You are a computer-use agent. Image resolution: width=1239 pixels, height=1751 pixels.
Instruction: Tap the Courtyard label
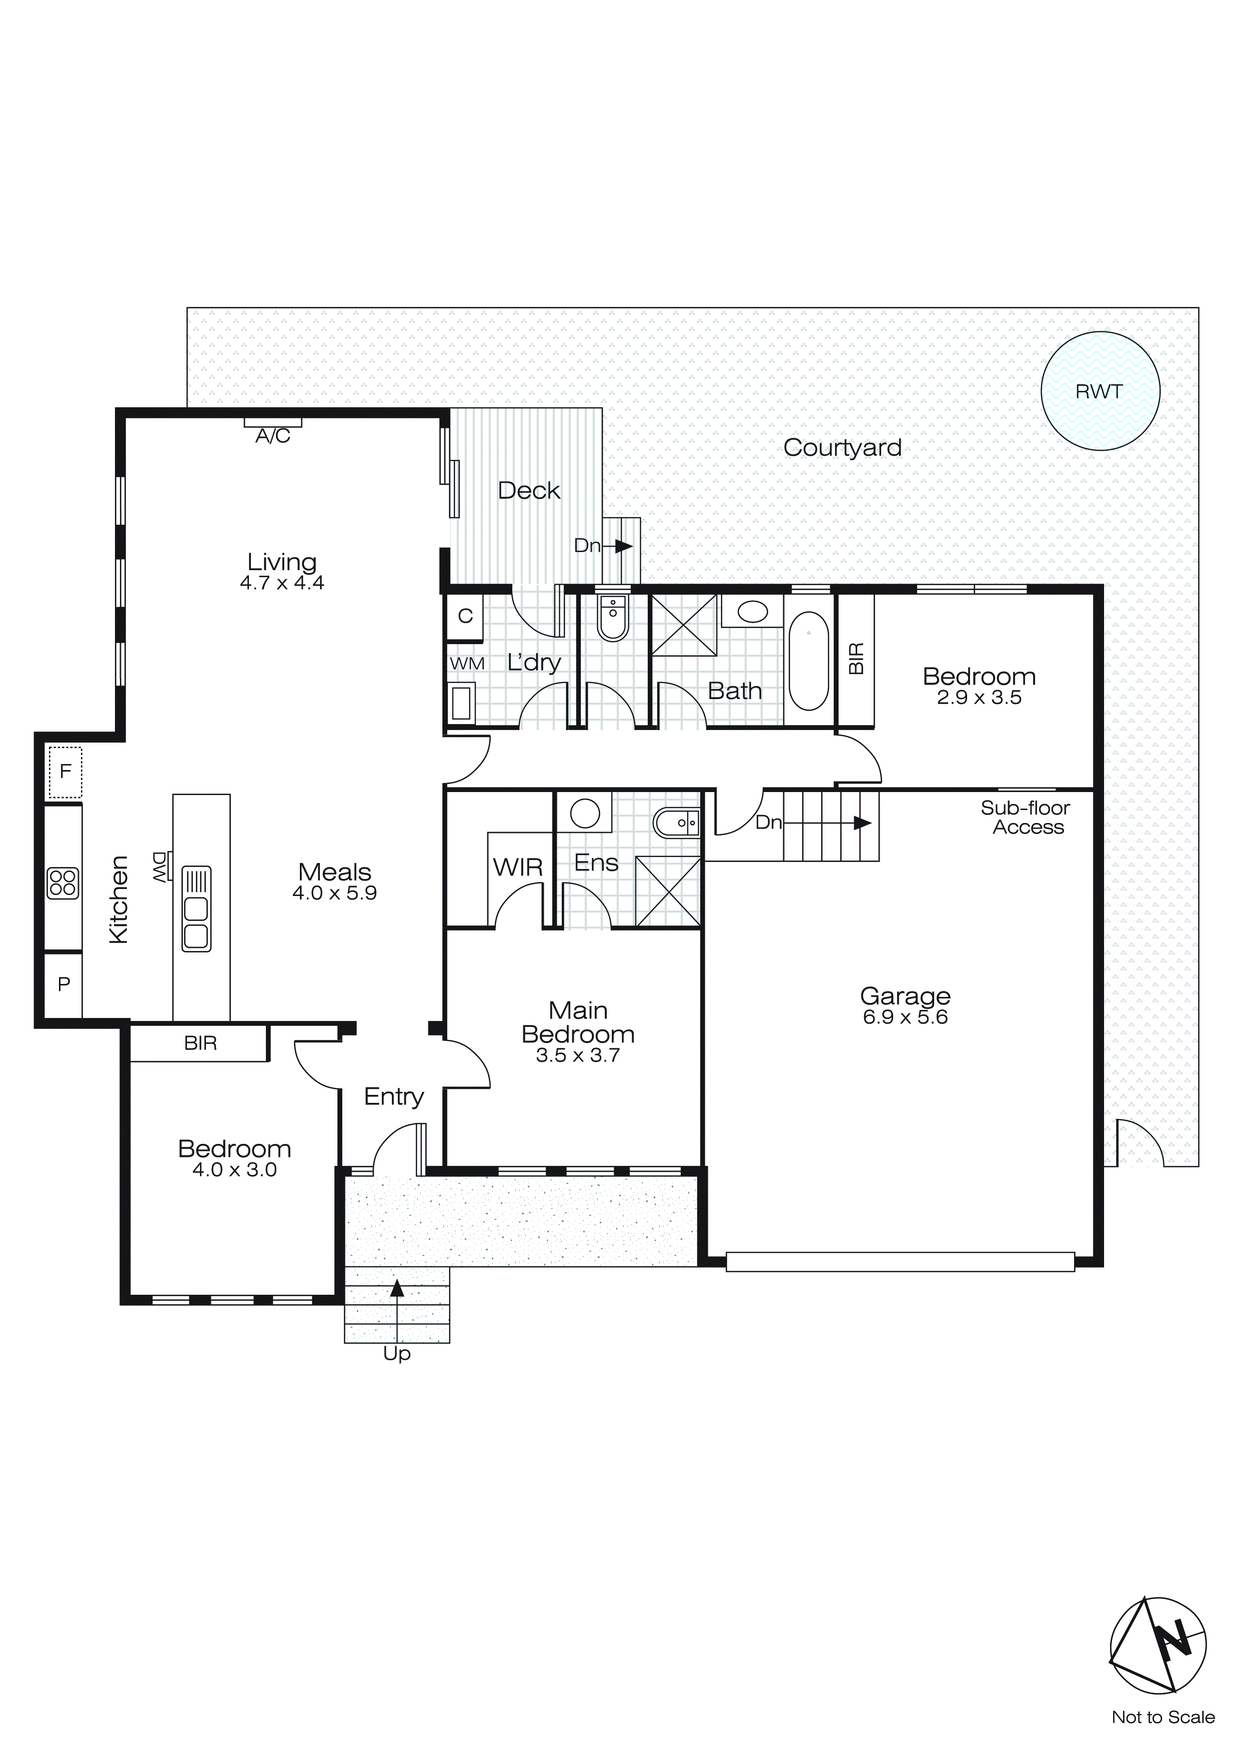click(x=842, y=448)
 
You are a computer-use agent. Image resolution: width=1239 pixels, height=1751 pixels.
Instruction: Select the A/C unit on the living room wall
click(x=272, y=422)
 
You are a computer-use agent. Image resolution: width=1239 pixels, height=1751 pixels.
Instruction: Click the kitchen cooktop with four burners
click(x=62, y=883)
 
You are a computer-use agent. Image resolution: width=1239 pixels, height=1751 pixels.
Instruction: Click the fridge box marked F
click(x=65, y=771)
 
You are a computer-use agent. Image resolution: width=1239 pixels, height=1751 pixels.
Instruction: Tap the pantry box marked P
click(x=63, y=984)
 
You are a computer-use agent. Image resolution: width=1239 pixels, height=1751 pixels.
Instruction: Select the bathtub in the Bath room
click(x=809, y=660)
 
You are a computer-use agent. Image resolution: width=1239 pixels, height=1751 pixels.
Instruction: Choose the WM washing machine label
click(x=467, y=664)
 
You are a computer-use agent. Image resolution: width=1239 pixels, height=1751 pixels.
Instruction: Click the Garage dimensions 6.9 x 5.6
click(x=905, y=1017)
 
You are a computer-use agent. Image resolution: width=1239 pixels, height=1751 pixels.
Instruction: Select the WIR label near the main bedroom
click(x=517, y=867)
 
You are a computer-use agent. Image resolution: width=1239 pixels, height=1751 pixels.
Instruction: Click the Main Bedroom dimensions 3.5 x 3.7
click(x=578, y=1055)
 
